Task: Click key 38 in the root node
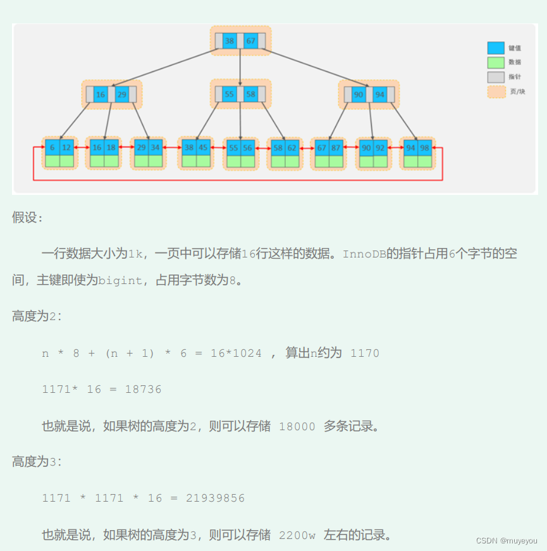pos(230,41)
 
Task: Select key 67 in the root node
pos(251,41)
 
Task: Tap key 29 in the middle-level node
pos(122,95)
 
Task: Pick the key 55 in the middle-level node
pos(229,94)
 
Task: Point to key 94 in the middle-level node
pos(379,95)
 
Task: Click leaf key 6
pos(52,147)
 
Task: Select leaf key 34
pos(156,147)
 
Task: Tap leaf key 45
pos(203,147)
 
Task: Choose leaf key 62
pos(292,147)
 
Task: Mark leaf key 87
pos(335,147)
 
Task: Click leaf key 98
pos(425,147)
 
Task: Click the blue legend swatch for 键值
pos(496,48)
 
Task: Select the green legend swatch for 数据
pos(496,63)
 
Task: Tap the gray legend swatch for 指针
pos(496,77)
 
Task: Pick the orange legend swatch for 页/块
pos(496,92)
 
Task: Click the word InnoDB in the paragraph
pos(364,254)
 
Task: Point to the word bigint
pos(120,280)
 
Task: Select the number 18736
pos(143,390)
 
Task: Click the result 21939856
pos(215,498)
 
